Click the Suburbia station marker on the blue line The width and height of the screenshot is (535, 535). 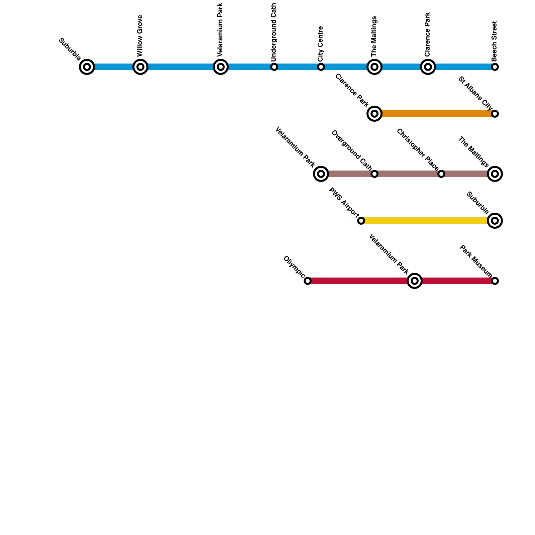point(87,67)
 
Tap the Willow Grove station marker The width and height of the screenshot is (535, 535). point(140,67)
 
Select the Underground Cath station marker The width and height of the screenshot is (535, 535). point(274,67)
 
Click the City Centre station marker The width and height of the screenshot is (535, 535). point(321,67)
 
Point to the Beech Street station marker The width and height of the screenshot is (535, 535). point(495,67)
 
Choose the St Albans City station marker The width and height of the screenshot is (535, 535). point(495,114)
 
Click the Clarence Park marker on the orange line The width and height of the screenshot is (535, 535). point(374,114)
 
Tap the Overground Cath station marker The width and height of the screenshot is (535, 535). point(374,174)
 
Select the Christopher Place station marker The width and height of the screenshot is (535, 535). point(441,174)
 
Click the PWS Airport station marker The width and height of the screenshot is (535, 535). point(361,221)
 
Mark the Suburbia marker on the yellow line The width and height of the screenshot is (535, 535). point(495,221)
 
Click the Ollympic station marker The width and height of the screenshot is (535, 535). point(308,281)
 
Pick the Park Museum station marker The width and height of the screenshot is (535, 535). point(495,281)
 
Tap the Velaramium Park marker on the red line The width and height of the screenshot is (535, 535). point(415,281)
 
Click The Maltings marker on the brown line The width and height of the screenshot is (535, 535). point(495,174)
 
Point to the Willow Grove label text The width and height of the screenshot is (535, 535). point(140,36)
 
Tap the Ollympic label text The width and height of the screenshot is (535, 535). point(294,267)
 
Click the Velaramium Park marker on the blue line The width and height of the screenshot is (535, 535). point(221,67)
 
